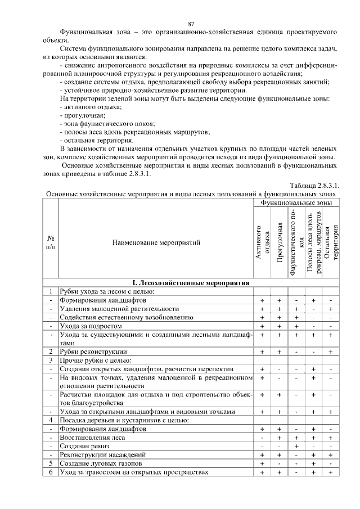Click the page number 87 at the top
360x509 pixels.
click(191, 24)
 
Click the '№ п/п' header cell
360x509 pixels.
click(51, 242)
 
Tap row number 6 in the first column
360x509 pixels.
click(51, 471)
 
